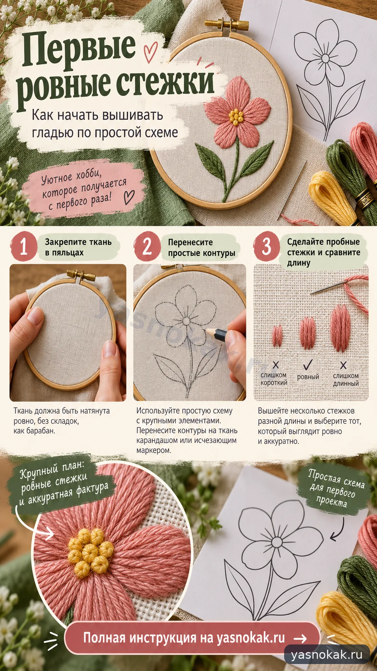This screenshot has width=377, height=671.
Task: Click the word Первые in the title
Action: pos(79,49)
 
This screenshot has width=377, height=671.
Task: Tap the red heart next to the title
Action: pos(150,52)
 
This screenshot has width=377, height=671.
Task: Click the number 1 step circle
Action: pos(24,246)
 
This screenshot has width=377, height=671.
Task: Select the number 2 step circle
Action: pos(147,246)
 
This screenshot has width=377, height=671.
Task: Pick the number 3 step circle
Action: pos(267,246)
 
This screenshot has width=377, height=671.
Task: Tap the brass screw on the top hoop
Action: pos(227,24)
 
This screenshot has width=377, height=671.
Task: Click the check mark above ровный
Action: pos(308,365)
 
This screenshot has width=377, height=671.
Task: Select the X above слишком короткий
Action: pos(276,365)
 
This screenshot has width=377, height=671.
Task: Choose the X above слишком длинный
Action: pos(343,365)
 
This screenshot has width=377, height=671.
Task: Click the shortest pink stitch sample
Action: pos(277,336)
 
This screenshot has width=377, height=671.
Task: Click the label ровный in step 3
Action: pos(308,377)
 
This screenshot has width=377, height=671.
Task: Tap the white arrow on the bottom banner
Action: pos(300,639)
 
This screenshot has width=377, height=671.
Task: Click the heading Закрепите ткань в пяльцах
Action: pos(78,247)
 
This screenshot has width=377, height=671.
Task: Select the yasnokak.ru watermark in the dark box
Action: pos(327,655)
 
